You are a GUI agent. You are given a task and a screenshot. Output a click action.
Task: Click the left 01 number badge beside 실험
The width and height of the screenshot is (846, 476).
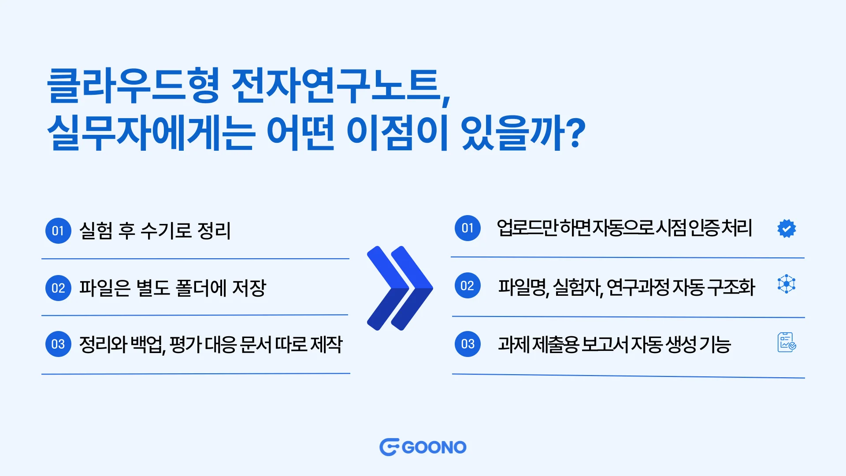58,231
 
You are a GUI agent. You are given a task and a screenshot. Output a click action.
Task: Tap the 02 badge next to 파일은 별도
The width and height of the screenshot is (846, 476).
58,288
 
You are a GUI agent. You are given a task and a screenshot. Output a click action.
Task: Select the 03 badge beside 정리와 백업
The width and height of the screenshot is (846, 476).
58,344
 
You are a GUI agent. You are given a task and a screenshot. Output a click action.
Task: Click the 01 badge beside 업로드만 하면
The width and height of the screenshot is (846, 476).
468,228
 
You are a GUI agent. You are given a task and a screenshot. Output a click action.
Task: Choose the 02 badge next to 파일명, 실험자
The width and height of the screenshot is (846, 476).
468,286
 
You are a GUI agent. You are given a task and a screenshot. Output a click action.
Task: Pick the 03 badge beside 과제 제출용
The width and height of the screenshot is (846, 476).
468,344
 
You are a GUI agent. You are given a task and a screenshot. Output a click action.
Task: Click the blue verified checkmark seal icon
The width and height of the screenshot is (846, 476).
787,228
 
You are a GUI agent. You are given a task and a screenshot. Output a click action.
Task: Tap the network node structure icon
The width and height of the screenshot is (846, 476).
787,284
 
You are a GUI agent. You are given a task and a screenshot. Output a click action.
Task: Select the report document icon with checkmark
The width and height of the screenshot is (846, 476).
787,342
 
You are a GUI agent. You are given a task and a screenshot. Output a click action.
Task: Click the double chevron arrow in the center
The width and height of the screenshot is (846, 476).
400,288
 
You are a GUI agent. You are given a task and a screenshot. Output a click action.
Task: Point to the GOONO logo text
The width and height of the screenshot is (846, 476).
434,447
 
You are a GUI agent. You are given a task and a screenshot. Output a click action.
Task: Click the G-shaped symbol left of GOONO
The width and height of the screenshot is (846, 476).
389,447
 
